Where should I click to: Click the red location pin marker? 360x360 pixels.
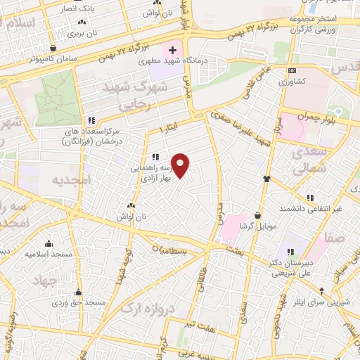[x=181, y=166]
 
